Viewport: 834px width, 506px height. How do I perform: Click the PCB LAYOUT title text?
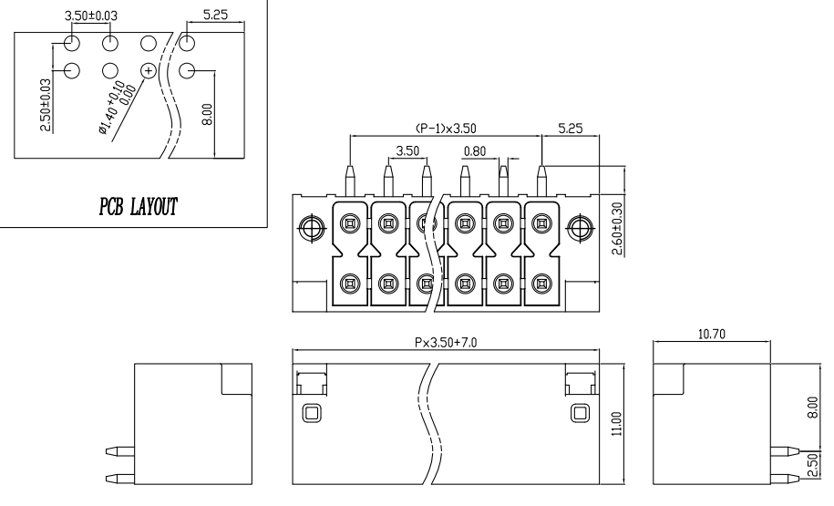coord(138,206)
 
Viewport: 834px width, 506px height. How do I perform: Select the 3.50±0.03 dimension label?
coord(92,16)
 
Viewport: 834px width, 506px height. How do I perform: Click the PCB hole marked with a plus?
coord(149,70)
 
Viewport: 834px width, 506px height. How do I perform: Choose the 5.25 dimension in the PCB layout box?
coord(215,16)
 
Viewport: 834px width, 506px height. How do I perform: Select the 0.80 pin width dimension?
coord(474,150)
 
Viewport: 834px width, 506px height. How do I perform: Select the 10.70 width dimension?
coord(712,336)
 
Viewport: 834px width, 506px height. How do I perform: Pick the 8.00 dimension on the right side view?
coord(814,403)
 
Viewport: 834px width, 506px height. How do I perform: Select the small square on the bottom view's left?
coord(310,412)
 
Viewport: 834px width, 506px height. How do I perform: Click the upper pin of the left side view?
coord(119,450)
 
